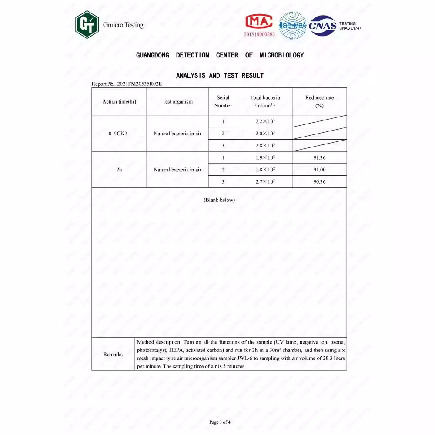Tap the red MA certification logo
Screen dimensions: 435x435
pyautogui.click(x=259, y=21)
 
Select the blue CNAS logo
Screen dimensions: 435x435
pyautogui.click(x=322, y=25)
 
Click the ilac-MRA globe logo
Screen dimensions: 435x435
pyautogui.click(x=292, y=25)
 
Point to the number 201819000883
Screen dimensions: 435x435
pyautogui.click(x=259, y=34)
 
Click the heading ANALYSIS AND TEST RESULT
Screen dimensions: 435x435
pyautogui.click(x=220, y=76)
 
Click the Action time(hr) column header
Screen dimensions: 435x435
pyautogui.click(x=119, y=102)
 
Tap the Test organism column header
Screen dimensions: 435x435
pyautogui.click(x=177, y=102)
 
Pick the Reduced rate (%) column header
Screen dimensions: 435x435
pyautogui.click(x=319, y=101)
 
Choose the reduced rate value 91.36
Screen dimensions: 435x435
pyautogui.click(x=319, y=157)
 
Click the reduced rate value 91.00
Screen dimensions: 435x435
pyautogui.click(x=319, y=170)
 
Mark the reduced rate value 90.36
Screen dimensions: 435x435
pyautogui.click(x=319, y=182)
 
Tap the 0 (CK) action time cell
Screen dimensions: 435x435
pyautogui.click(x=118, y=134)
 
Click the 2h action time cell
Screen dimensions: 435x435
pyautogui.click(x=119, y=170)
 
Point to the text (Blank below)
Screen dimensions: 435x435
pyautogui.click(x=219, y=200)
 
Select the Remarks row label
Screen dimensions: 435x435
pyautogui.click(x=113, y=355)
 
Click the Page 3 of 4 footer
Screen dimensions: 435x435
pyautogui.click(x=220, y=422)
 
